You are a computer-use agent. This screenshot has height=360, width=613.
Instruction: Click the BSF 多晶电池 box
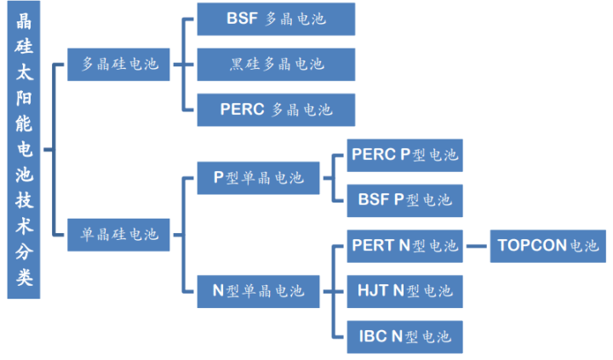276,20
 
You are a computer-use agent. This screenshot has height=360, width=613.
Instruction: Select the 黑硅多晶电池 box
276,65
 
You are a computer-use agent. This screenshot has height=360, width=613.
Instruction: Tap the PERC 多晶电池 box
276,110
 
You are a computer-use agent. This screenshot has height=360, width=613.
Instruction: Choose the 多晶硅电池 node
118,65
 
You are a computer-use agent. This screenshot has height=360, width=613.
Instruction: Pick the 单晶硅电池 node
118,235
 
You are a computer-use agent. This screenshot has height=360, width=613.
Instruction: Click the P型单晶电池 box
258,178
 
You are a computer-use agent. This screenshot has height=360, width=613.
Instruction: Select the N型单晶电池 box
258,291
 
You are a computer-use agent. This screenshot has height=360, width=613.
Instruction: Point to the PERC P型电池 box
404,155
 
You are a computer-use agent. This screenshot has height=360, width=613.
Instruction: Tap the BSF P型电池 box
404,201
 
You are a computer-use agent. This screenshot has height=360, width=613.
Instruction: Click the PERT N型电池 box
404,246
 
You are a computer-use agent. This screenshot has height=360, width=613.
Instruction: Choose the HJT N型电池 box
404,291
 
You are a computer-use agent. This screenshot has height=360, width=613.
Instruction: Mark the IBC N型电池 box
404,337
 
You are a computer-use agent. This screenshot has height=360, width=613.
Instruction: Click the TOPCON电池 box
548,246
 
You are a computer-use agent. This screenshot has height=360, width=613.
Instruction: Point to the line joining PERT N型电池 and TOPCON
477,246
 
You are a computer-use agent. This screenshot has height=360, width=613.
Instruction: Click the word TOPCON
532,245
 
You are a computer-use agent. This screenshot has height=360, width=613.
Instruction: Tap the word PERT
374,245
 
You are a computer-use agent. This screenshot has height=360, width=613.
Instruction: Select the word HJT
373,291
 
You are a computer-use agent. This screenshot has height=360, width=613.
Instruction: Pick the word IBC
373,336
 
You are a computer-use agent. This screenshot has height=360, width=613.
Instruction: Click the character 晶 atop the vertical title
24,20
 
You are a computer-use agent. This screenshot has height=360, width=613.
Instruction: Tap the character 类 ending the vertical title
24,277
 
